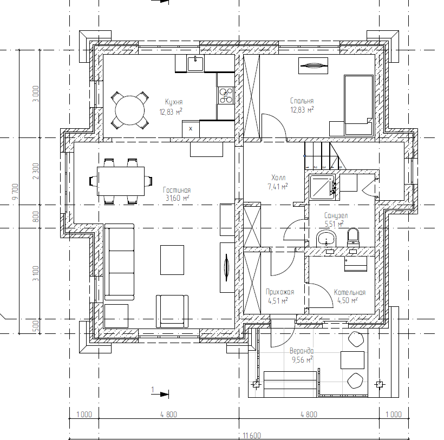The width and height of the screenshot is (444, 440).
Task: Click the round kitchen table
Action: pyautogui.click(x=130, y=110)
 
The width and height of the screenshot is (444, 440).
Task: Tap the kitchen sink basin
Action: pyautogui.click(x=195, y=64)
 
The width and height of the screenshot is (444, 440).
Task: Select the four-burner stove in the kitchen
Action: pyautogui.click(x=226, y=95)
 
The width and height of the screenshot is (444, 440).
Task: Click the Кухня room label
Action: pyautogui.click(x=174, y=102)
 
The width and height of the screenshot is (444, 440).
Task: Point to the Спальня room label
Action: pyautogui.click(x=302, y=101)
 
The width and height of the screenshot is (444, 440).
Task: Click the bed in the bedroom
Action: pyautogui.click(x=358, y=105)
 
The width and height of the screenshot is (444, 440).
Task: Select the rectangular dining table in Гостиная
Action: pyautogui.click(x=121, y=181)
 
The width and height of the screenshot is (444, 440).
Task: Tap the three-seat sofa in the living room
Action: pyautogui.click(x=119, y=262)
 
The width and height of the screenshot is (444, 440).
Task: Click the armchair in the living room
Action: pyautogui.click(x=172, y=311)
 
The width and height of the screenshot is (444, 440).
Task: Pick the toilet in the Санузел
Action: pyautogui.click(x=353, y=237)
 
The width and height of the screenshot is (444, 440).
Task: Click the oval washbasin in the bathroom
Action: pyautogui.click(x=327, y=238)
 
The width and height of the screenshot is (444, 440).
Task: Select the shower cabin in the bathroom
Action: pyautogui.click(x=323, y=187)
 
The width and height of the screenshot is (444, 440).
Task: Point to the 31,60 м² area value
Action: pyautogui.click(x=177, y=198)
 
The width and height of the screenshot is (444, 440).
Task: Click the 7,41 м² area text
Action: pyautogui.click(x=278, y=187)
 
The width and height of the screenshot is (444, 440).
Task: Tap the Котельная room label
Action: pyautogui.click(x=350, y=292)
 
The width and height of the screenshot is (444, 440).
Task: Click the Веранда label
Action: pyautogui.click(x=302, y=351)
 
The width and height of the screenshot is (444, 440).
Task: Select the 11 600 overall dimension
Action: pyautogui.click(x=252, y=436)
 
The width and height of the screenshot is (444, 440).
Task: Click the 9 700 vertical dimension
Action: pyautogui.click(x=15, y=192)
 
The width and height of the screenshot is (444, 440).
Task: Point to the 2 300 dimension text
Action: pyautogui.click(x=36, y=171)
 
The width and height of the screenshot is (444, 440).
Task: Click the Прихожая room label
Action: pyautogui.click(x=280, y=292)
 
